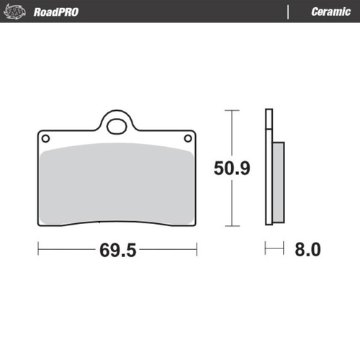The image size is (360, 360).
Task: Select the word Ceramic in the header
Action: tap(330, 12)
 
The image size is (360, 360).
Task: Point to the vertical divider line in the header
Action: tap(289, 12)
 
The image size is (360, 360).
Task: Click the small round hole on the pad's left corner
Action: tap(45, 138)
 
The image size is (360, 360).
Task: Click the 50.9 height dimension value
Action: tap(232, 169)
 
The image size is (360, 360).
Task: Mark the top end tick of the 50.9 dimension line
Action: tap(230, 110)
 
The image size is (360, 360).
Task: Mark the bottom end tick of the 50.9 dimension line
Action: tap(230, 227)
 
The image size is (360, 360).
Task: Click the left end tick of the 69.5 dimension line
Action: tap(38, 250)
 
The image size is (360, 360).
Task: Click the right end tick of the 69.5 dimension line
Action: tap(197, 250)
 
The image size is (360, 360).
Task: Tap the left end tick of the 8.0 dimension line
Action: tap(266, 250)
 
